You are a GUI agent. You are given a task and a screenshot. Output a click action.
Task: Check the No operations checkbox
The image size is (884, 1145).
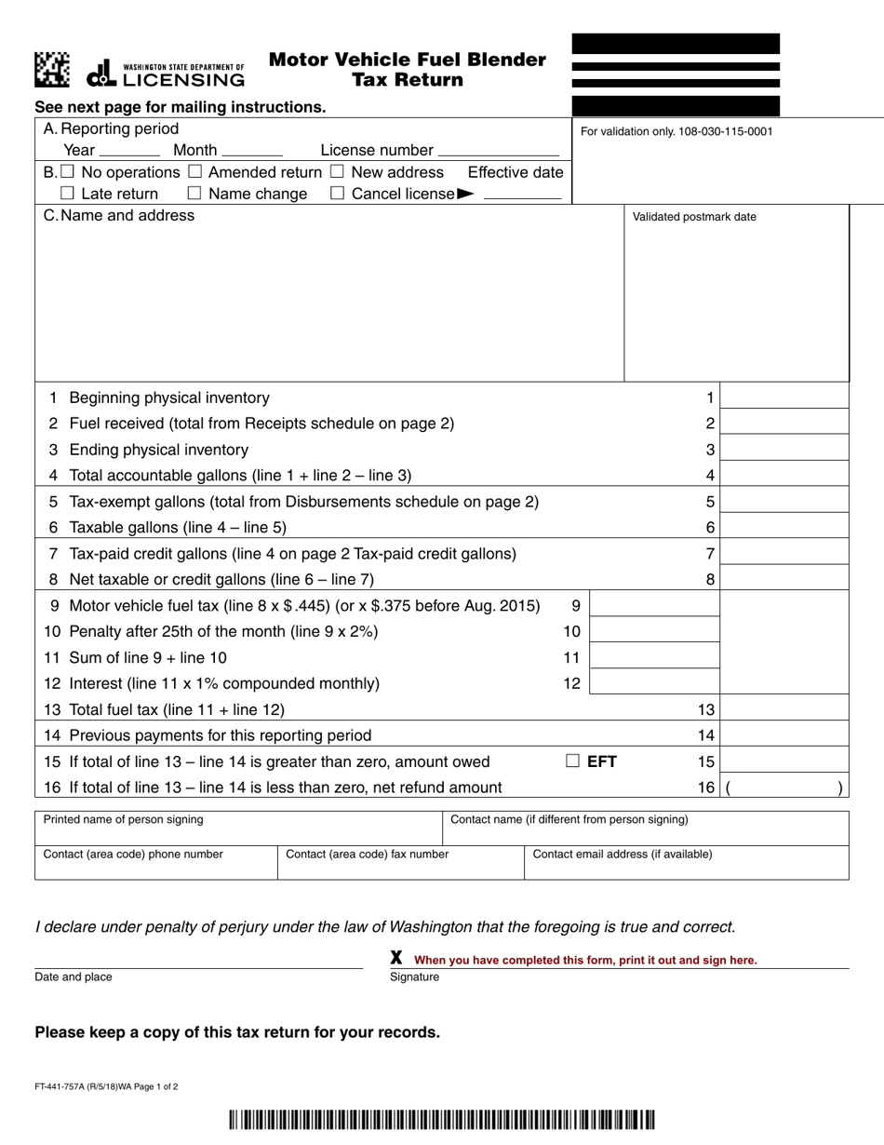[x=66, y=172]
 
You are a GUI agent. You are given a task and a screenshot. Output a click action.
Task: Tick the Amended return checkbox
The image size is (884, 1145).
[x=194, y=172]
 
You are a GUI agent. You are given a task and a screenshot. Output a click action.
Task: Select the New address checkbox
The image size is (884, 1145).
[x=337, y=172]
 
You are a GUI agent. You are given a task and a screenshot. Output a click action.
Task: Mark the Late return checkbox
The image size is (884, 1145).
[x=66, y=194]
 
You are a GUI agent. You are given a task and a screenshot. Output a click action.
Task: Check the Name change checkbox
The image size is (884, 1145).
[x=194, y=194]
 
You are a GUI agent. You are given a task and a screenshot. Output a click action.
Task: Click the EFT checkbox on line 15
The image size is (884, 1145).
[x=573, y=761]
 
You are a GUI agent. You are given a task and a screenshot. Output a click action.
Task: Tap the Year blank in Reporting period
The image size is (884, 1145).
[x=129, y=152]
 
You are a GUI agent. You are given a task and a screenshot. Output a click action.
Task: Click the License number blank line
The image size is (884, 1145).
[x=499, y=152]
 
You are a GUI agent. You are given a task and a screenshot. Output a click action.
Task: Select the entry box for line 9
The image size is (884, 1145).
[x=655, y=606]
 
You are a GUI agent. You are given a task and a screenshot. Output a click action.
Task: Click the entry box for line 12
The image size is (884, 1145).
[x=655, y=683]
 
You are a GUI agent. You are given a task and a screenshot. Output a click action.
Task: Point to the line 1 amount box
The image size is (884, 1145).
[x=785, y=397]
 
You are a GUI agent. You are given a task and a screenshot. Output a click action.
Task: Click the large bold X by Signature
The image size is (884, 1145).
[x=396, y=958]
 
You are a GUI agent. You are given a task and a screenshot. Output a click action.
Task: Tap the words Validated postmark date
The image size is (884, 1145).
[x=694, y=217]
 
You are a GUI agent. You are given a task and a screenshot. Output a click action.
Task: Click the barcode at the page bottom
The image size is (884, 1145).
[x=441, y=1118]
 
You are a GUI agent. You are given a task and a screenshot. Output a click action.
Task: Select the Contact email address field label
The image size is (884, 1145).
[x=623, y=854]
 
